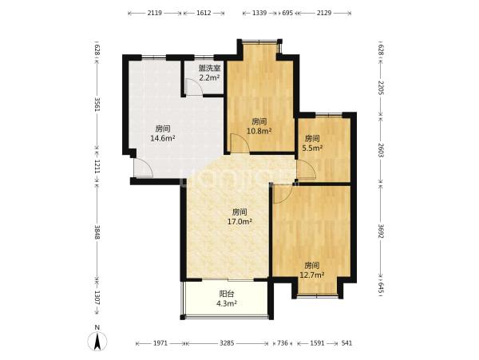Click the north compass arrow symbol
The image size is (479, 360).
pos(97,342)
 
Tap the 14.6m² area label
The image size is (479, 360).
pos(163,138)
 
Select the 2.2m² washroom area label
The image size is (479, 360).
pos(209,78)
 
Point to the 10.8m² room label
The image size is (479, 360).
pos(259,131)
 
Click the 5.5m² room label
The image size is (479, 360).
pos(312,148)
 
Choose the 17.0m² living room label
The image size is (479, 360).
pos(239,222)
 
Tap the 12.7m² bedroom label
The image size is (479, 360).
pos(312,275)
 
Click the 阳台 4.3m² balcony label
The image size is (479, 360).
pos(227,299)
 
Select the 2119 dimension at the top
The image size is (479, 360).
pos(155,13)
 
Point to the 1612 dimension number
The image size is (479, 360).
pos(204,13)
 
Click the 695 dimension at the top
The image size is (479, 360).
pos(287,13)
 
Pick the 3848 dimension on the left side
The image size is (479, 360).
pos(97,232)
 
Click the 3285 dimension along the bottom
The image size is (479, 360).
pos(227,343)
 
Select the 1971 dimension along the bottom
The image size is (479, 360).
pos(160,343)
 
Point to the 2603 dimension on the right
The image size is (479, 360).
pos(381,150)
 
